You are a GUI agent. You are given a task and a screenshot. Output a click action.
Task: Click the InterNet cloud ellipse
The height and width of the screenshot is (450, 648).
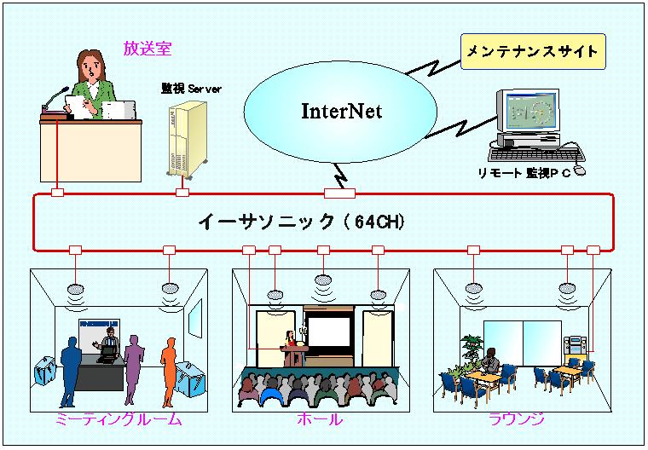click(x=341, y=112)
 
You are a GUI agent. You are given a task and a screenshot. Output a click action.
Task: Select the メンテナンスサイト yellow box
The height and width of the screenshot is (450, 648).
click(x=532, y=52)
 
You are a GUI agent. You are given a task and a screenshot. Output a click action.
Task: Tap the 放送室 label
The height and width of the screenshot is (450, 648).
click(x=148, y=49)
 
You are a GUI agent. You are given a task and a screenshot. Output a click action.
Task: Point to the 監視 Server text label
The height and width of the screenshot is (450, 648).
click(x=191, y=88)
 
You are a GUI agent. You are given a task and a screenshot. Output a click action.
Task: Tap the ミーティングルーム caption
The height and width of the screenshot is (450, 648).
click(x=119, y=419)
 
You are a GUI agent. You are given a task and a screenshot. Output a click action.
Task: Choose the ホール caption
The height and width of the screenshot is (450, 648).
click(x=320, y=419)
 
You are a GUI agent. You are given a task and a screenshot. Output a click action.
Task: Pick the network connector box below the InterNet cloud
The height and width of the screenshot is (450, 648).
click(x=339, y=193)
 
